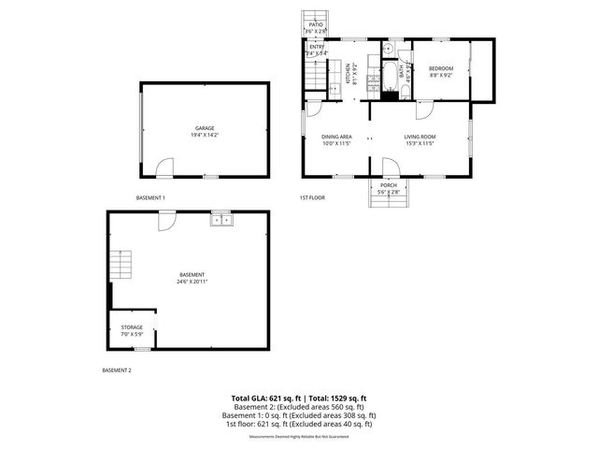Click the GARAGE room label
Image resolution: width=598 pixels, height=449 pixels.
click(205, 128)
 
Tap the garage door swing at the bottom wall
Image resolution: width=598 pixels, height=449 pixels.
click(164, 168)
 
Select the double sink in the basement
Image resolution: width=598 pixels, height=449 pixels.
click(221, 220)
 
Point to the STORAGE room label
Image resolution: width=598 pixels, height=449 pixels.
click(132, 327)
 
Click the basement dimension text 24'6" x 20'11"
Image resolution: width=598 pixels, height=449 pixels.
click(192, 282)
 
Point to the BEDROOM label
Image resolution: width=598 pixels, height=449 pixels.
click(440, 68)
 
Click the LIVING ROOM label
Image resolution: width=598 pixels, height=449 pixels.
click(420, 137)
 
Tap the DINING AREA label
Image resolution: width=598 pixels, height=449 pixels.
click(335, 137)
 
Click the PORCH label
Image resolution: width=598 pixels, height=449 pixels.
click(388, 185)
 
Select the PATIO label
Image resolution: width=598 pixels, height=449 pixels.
click(316, 25)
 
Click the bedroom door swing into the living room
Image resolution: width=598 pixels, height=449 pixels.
click(425, 107)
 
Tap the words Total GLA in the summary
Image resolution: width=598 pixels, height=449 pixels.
click(252, 398)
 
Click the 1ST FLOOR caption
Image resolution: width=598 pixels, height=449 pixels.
click(311, 197)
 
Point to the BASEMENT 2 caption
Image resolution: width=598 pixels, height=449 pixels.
click(117, 370)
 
